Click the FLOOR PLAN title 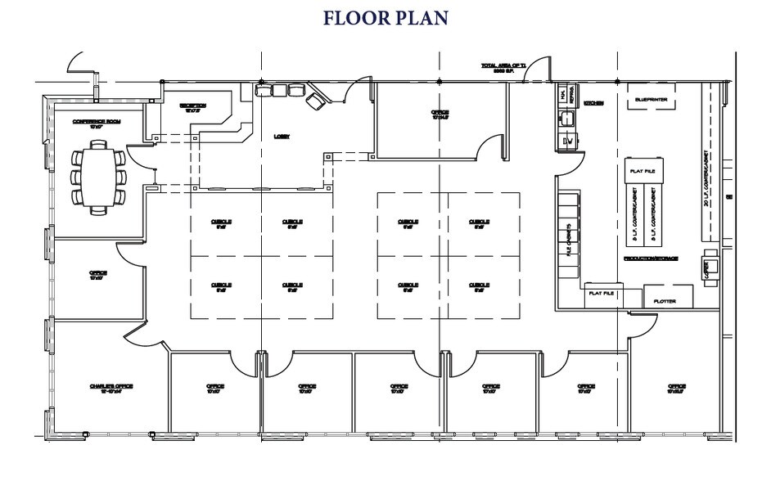[385, 17]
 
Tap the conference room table [98, 177]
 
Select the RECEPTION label [193, 106]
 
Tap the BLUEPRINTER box [651, 100]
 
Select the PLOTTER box [665, 300]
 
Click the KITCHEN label [594, 104]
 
